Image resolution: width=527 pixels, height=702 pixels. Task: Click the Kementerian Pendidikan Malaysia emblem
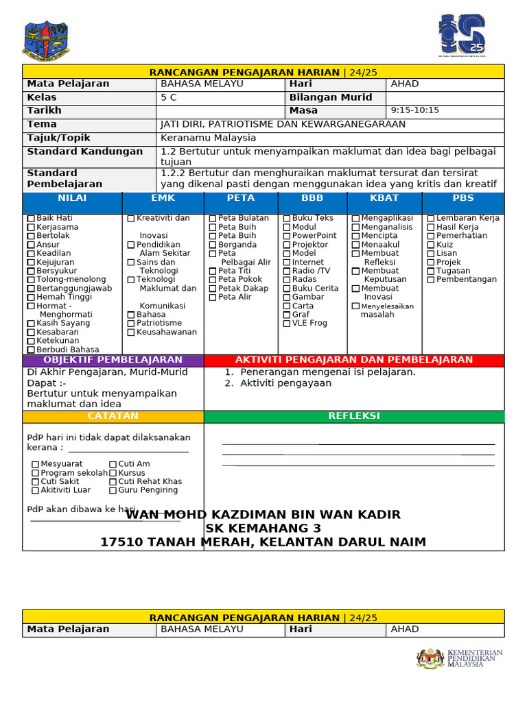pyautogui.click(x=430, y=658)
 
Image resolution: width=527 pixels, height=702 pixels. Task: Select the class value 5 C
pyautogui.click(x=169, y=97)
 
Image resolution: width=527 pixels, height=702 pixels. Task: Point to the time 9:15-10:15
pyautogui.click(x=414, y=110)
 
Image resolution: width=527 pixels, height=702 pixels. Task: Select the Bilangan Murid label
pyautogui.click(x=330, y=97)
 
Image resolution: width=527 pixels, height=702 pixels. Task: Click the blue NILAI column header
pyautogui.click(x=72, y=198)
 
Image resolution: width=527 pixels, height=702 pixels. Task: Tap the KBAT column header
pyautogui.click(x=384, y=198)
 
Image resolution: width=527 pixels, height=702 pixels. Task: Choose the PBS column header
pyautogui.click(x=463, y=198)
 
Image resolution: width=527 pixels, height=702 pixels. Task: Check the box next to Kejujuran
pyautogui.click(x=31, y=263)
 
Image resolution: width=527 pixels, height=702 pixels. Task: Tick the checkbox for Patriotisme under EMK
pyautogui.click(x=131, y=324)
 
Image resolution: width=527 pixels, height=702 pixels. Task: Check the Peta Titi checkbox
pyautogui.click(x=213, y=271)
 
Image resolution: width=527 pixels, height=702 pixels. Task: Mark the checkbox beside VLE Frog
pyautogui.click(x=287, y=324)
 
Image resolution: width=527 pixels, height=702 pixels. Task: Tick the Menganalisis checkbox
pyautogui.click(x=355, y=228)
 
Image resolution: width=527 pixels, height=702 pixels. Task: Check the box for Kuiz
pyautogui.click(x=431, y=245)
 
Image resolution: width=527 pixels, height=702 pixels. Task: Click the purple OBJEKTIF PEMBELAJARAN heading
pyautogui.click(x=113, y=360)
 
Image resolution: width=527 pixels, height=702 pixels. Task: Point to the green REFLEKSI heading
pyautogui.click(x=353, y=416)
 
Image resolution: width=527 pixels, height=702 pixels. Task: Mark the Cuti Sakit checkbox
pyautogui.click(x=35, y=482)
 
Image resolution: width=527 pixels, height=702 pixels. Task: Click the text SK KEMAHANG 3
pyautogui.click(x=263, y=529)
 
